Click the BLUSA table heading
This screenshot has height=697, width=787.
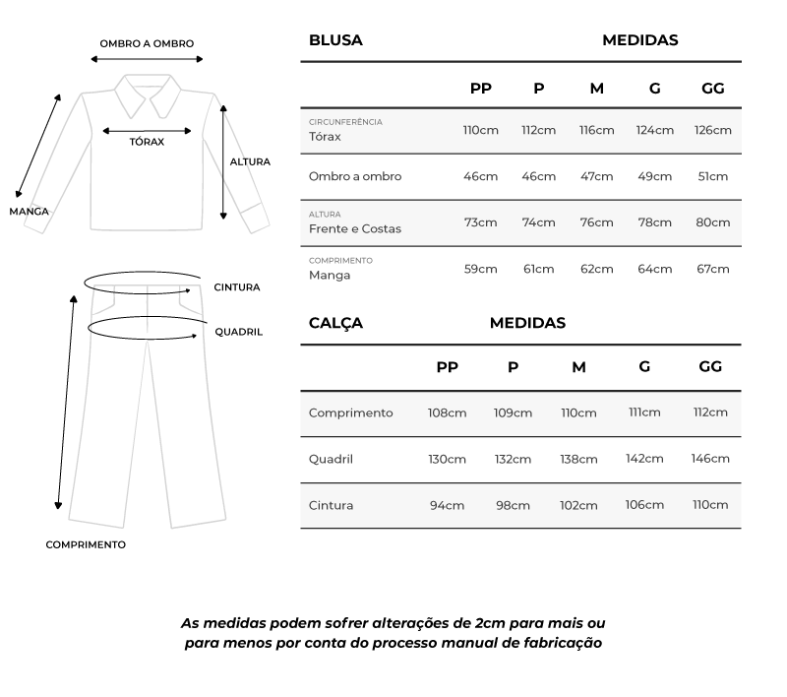(335, 40)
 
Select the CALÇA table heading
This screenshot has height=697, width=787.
(335, 323)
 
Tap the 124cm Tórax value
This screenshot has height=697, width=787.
(654, 130)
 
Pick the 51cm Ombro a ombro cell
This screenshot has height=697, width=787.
(712, 176)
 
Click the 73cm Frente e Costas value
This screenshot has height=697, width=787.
(480, 222)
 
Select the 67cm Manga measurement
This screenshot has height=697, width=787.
(712, 269)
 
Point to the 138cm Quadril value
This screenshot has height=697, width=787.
(578, 459)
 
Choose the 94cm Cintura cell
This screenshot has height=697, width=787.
(447, 505)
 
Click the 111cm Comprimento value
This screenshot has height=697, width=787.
(644, 412)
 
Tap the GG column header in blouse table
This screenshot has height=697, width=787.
(712, 89)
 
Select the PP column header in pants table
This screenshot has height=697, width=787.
(447, 367)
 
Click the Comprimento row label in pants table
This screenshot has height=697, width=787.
(350, 412)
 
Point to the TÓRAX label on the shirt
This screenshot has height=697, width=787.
(147, 142)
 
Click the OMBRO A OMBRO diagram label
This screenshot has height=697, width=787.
(147, 43)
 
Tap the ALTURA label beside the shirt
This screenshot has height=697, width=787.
(250, 161)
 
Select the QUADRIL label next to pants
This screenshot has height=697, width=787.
(239, 333)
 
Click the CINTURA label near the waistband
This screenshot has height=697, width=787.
(237, 287)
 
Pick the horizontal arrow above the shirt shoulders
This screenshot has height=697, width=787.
(147, 59)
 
